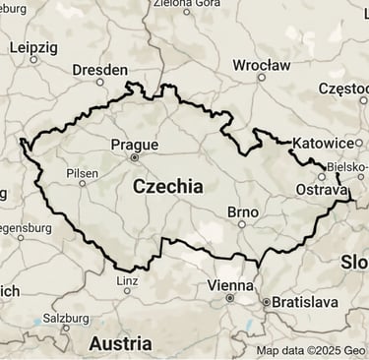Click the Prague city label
[x=134, y=144]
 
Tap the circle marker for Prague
[x=135, y=156]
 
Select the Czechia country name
[x=167, y=186]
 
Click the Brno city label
[x=242, y=211]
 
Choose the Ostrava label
[x=322, y=189]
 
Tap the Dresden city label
[x=100, y=70]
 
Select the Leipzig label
[x=33, y=46]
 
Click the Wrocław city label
[x=261, y=65]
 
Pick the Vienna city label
[x=230, y=284]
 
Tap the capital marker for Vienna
[x=230, y=297]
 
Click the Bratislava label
[x=305, y=301]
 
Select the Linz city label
[x=127, y=278]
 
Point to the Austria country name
[x=120, y=343]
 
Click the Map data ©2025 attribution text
[x=310, y=350]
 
